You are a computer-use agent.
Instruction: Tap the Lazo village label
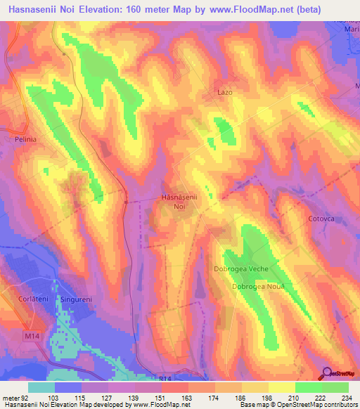click(224, 92)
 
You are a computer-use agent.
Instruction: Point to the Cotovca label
click(321, 219)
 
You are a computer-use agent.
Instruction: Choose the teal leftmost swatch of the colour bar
click(41, 387)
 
